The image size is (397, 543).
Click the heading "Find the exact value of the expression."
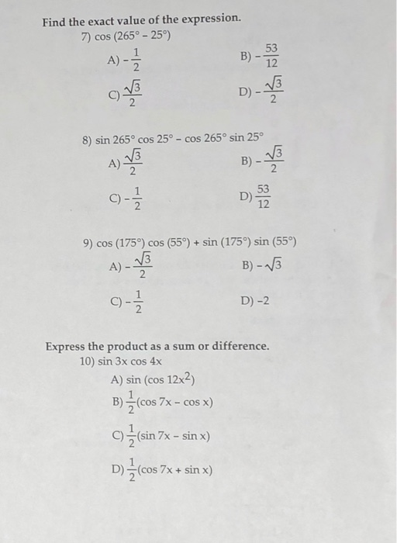[141, 18]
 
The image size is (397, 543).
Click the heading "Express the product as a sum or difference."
[157, 346]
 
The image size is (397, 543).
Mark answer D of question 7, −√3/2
[264, 93]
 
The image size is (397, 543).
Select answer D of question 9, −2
[255, 299]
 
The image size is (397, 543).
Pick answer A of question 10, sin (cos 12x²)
[153, 379]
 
